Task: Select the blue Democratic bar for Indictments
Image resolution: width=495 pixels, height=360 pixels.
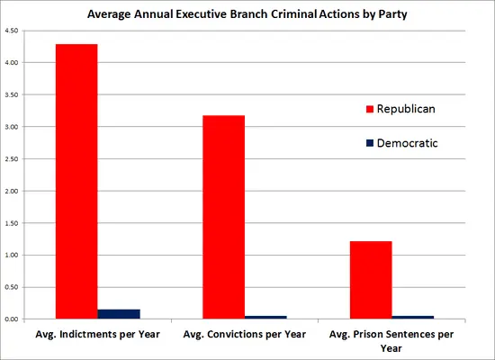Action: (x=119, y=313)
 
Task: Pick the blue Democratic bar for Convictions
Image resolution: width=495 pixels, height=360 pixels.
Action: (x=265, y=317)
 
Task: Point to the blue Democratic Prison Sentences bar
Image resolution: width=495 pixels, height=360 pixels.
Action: (x=412, y=317)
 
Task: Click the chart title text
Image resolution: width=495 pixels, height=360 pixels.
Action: (x=247, y=14)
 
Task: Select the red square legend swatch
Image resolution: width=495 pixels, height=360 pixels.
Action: (x=369, y=109)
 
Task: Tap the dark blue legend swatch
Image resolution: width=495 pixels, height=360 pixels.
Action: (x=369, y=142)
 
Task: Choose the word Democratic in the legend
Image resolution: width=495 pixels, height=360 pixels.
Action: (x=408, y=142)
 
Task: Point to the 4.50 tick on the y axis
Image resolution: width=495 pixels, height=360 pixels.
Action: (x=12, y=31)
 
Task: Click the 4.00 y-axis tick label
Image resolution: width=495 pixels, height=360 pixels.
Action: (x=12, y=63)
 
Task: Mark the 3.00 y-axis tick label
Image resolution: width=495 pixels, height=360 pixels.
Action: (x=12, y=127)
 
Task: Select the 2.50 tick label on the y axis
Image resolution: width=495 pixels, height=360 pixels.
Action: (x=12, y=159)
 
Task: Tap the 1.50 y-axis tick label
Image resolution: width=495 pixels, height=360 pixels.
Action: (x=12, y=223)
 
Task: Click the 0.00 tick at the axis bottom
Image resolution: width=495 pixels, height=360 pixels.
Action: (x=12, y=319)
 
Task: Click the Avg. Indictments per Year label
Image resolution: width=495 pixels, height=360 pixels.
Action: (x=96, y=335)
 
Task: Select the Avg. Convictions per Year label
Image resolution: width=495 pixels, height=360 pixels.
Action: (x=243, y=335)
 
